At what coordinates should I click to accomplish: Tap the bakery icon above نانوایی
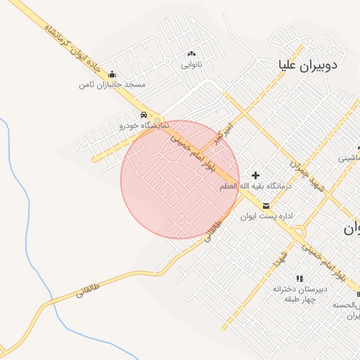pyautogui.click(x=191, y=54)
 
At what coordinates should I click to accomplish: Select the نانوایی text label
pyautogui.click(x=191, y=65)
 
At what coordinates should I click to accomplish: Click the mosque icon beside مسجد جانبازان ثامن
pyautogui.click(x=112, y=75)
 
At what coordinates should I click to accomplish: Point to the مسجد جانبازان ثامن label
pyautogui.click(x=112, y=84)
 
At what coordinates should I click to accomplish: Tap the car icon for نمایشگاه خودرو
pyautogui.click(x=143, y=115)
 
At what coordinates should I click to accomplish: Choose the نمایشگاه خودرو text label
pyautogui.click(x=144, y=125)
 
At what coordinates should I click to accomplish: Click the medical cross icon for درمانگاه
pyautogui.click(x=255, y=175)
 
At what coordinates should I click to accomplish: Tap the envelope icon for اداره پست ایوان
pyautogui.click(x=266, y=206)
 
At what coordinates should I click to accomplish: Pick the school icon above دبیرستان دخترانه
pyautogui.click(x=300, y=278)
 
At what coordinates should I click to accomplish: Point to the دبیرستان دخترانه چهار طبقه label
pyautogui.click(x=301, y=294)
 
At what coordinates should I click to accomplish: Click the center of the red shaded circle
pyautogui.click(x=180, y=179)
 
